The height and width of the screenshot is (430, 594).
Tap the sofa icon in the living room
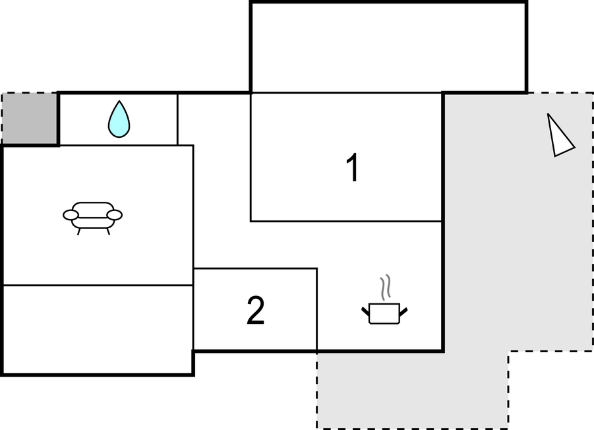pos(92,218)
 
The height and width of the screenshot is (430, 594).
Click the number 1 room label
pos(353,167)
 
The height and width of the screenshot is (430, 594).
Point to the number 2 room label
pos(256,310)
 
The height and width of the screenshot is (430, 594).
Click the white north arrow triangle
pos(559,137)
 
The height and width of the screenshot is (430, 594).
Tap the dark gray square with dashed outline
pos(30,118)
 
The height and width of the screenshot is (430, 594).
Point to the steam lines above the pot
pos(386,287)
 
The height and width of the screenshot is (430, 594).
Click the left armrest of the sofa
pos(71,215)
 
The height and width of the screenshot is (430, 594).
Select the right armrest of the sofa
pos(115,215)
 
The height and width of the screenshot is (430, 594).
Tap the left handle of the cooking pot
pos(366,312)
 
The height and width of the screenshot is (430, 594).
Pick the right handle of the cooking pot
pos(403,312)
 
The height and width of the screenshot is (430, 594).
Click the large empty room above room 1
pos(389,47)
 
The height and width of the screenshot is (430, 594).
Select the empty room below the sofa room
pos(98,330)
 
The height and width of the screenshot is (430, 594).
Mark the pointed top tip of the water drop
pos(119,101)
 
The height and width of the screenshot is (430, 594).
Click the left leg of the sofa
pos(79,231)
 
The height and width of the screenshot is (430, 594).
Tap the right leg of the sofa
pos(108,231)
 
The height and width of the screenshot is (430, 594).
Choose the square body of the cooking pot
pos(384,314)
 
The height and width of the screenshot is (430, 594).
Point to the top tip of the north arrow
pos(548,113)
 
